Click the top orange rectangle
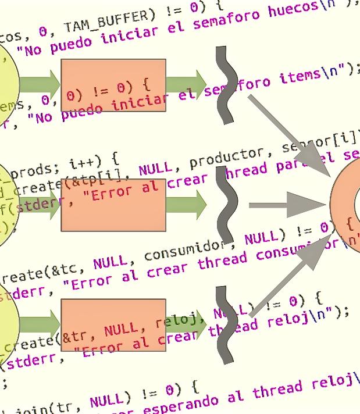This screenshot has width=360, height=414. [113, 85]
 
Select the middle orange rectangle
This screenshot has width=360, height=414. [113, 205]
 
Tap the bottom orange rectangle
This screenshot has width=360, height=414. [113, 324]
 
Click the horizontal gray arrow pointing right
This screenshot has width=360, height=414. [285, 205]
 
